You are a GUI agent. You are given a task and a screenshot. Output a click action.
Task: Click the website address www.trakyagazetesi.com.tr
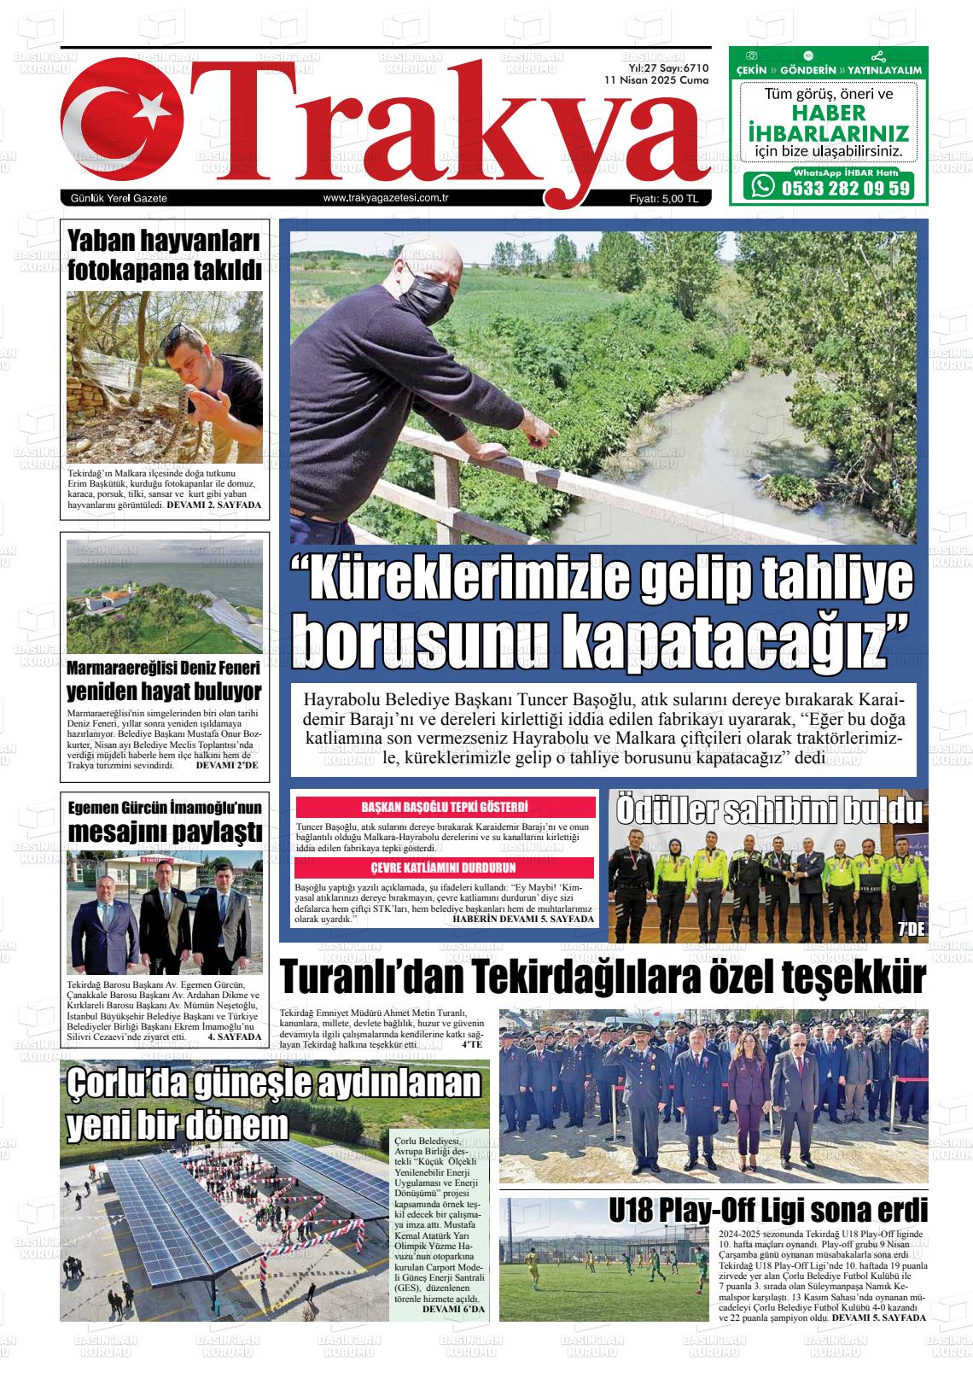pos(387,198)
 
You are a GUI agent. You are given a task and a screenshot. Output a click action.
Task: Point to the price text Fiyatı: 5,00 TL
pos(663,198)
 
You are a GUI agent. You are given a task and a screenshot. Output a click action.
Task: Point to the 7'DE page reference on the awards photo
pos(911,931)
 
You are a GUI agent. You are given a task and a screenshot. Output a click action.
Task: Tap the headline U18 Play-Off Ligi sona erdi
pos(768,1211)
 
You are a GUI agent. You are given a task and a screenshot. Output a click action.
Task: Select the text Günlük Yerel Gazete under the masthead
pos(119,198)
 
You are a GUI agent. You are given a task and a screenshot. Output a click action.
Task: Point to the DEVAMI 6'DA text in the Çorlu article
pos(453,1309)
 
